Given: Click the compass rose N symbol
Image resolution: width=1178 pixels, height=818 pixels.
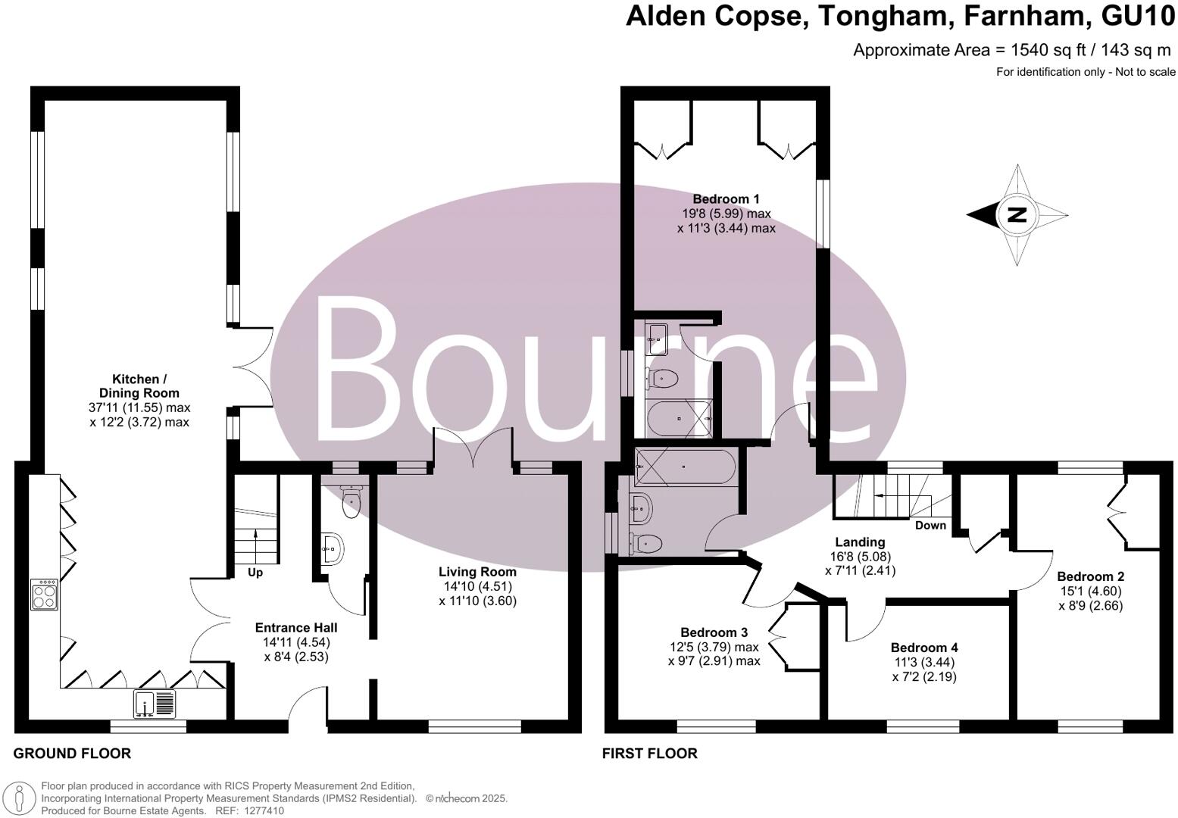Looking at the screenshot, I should pyautogui.click(x=1017, y=215).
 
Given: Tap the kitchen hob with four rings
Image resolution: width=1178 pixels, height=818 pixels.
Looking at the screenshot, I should pyautogui.click(x=43, y=595).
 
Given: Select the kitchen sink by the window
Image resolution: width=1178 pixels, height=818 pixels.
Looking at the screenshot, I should pyautogui.click(x=155, y=704).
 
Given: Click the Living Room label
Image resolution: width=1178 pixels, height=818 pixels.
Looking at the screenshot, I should pyautogui.click(x=477, y=572).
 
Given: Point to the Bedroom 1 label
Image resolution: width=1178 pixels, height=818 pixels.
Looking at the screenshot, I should pyautogui.click(x=726, y=199).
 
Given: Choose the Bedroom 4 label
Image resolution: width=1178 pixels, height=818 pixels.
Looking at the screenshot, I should pyautogui.click(x=924, y=648).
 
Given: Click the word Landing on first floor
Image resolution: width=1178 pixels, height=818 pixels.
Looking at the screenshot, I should pyautogui.click(x=860, y=542).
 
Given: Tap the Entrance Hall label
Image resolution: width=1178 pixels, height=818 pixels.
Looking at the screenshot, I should pyautogui.click(x=296, y=627).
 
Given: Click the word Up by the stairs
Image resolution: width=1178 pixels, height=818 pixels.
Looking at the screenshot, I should pyautogui.click(x=255, y=573).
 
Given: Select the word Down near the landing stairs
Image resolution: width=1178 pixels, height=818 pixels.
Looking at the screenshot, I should pyautogui.click(x=930, y=526).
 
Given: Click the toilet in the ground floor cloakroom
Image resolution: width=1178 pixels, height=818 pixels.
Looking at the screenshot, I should pyautogui.click(x=351, y=501).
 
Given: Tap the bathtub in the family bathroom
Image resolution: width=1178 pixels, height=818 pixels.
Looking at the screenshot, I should pyautogui.click(x=685, y=467).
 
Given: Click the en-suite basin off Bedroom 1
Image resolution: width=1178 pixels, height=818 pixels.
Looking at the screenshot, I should pyautogui.click(x=656, y=339).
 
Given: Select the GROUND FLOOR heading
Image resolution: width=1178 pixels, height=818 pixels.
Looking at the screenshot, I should pyautogui.click(x=72, y=754).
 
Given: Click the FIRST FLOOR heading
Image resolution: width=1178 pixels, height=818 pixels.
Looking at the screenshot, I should pyautogui.click(x=649, y=754).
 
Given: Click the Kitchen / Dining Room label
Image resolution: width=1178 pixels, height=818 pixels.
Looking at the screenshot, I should pyautogui.click(x=139, y=386).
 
